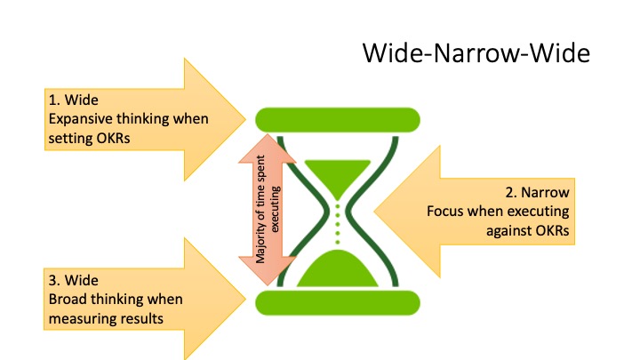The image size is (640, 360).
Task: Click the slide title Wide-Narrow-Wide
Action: pyautogui.click(x=476, y=53)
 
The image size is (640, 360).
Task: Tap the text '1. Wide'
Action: pyautogui.click(x=74, y=100)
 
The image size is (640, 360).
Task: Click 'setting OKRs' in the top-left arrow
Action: pyautogui.click(x=90, y=138)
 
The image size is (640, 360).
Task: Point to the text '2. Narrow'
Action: pyautogui.click(x=537, y=192)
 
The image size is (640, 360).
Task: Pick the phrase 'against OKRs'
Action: pyautogui.click(x=527, y=230)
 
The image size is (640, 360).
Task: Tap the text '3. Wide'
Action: pyautogui.click(x=74, y=280)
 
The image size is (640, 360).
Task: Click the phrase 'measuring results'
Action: pyautogui.click(x=106, y=318)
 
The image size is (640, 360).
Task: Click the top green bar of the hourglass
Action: pyautogui.click(x=338, y=120)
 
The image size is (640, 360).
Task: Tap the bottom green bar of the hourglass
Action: pyautogui.click(x=338, y=303)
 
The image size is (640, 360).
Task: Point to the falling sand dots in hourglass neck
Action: pyautogui.click(x=338, y=224)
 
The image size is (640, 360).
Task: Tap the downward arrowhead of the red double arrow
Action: pyautogui.click(x=268, y=271)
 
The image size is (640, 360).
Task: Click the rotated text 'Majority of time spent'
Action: pyautogui.click(x=260, y=209)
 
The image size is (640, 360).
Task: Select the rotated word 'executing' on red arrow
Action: pyautogui.click(x=276, y=210)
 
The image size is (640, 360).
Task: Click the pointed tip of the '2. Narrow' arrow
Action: pyautogui.click(x=375, y=212)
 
